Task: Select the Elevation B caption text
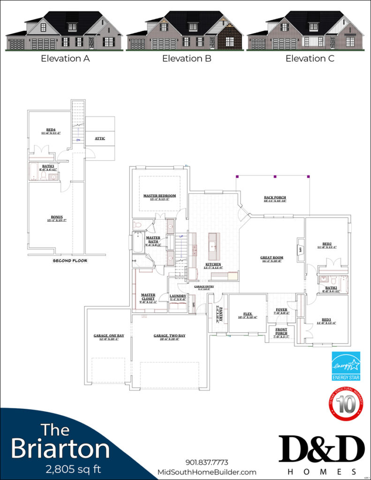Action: (x=187, y=59)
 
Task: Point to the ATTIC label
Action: (x=100, y=139)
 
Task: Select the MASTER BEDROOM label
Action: (x=159, y=195)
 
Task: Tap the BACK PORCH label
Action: (x=275, y=198)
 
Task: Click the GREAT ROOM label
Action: (x=272, y=257)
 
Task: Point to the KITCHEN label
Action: (x=213, y=264)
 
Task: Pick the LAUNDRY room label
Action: (x=178, y=296)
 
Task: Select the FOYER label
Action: (x=281, y=309)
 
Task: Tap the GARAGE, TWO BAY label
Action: (x=169, y=336)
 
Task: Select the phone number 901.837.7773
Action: (x=207, y=463)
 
